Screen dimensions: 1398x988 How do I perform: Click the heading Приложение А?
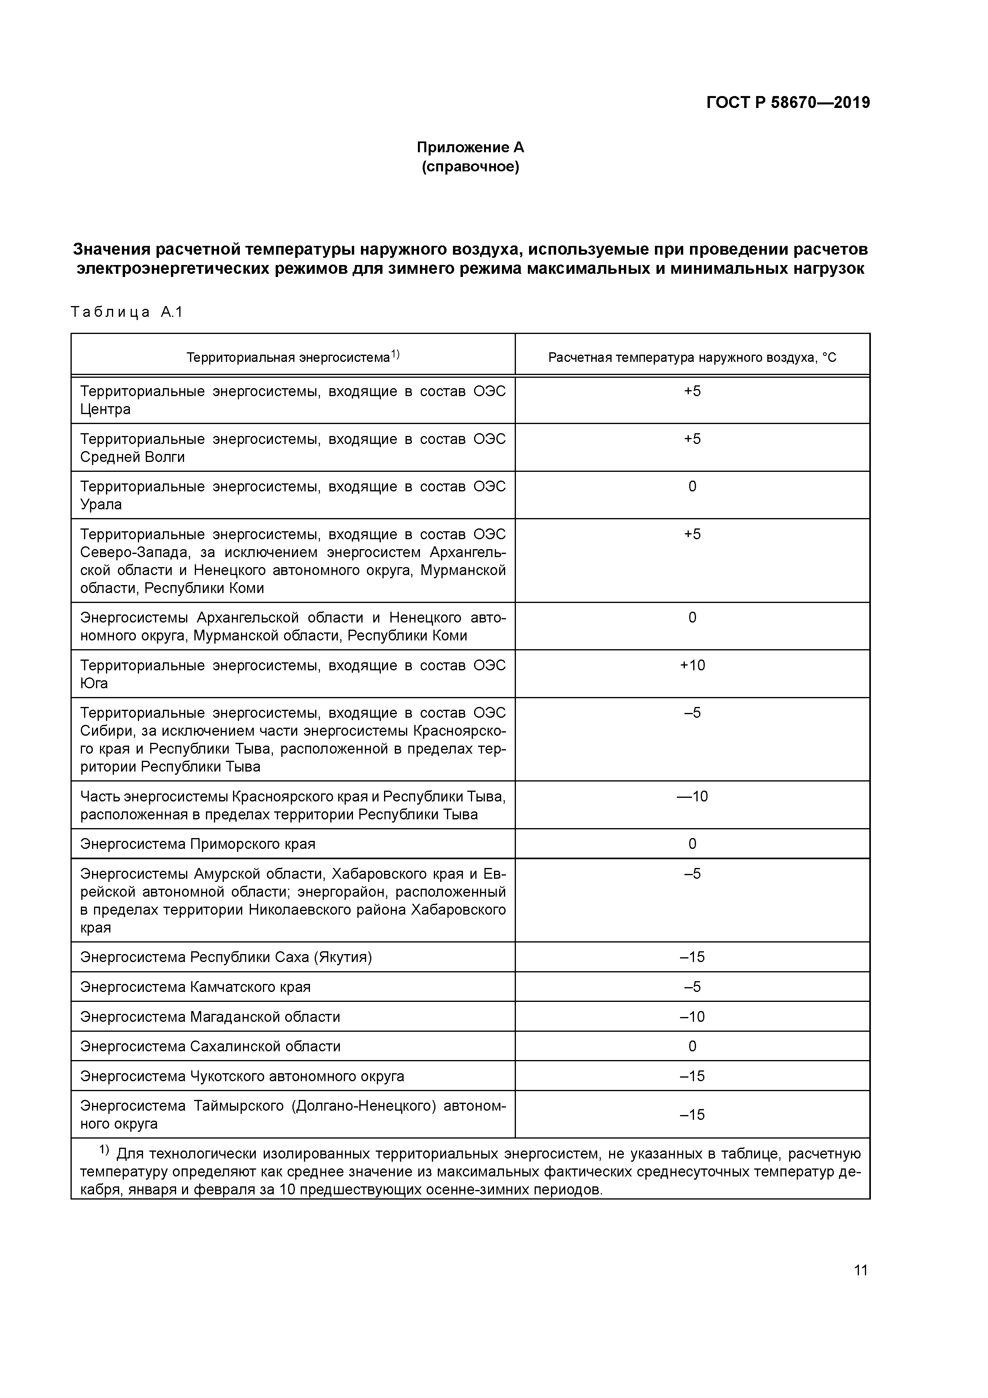470,147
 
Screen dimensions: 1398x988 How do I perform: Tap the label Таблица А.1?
127,312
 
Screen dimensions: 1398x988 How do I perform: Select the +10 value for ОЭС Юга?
692,665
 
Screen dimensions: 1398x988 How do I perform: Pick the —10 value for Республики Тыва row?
692,796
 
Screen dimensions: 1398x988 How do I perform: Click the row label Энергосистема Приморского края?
198,844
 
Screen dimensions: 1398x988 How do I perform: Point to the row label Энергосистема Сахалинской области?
210,1046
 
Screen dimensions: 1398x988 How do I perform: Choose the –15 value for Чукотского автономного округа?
692,1076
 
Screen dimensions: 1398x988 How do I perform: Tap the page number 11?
860,1270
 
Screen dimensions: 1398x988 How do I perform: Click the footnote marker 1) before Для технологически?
104,1150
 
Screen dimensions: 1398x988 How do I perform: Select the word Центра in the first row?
105,409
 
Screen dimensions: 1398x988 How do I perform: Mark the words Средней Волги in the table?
132,457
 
